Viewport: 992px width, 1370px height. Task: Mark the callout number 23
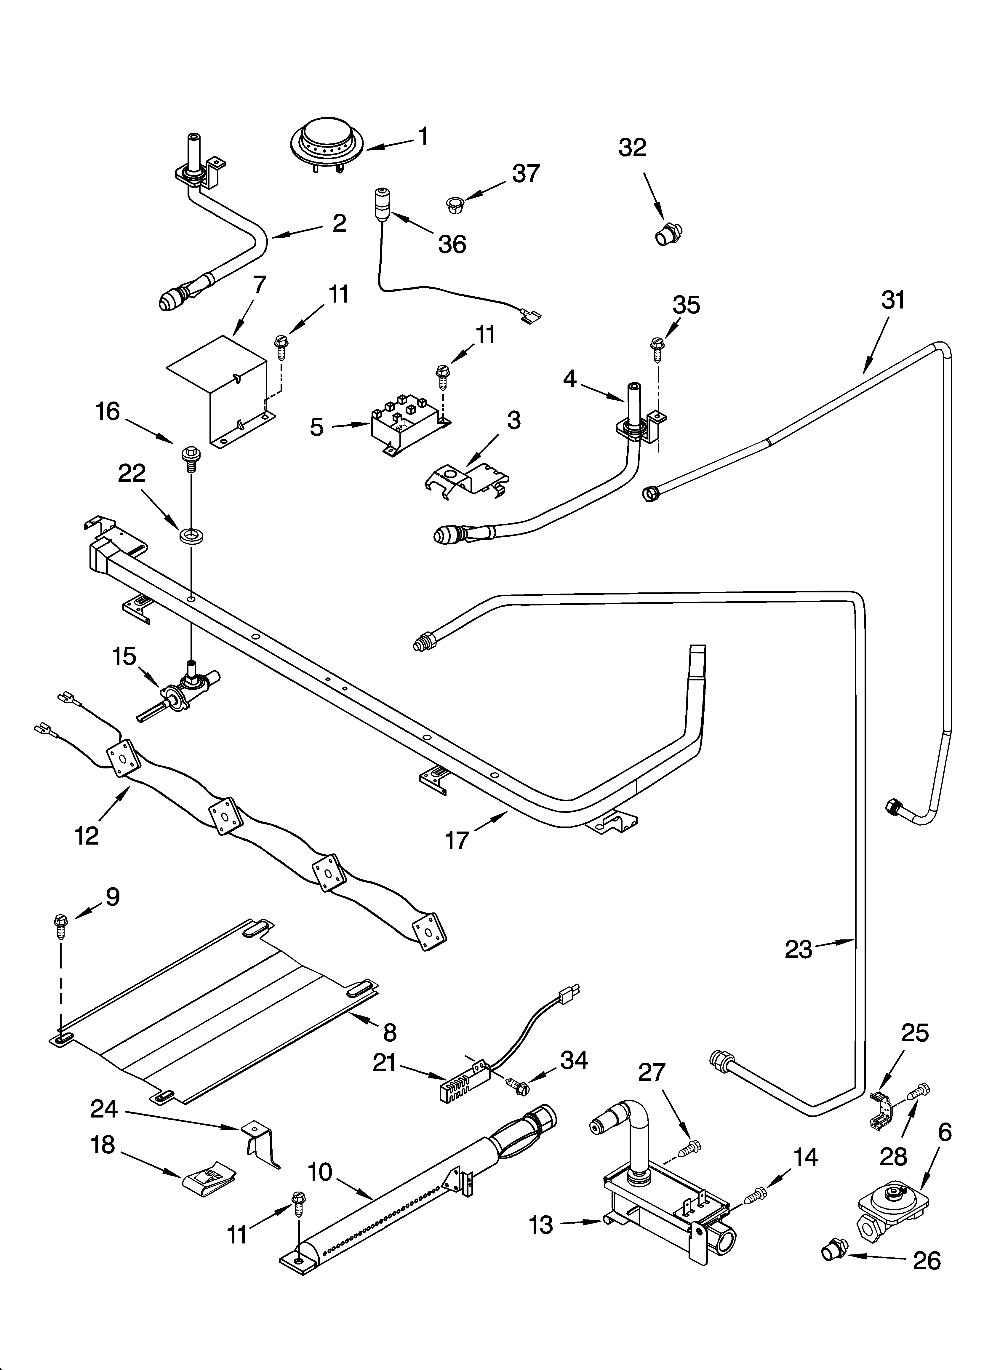(x=799, y=949)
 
